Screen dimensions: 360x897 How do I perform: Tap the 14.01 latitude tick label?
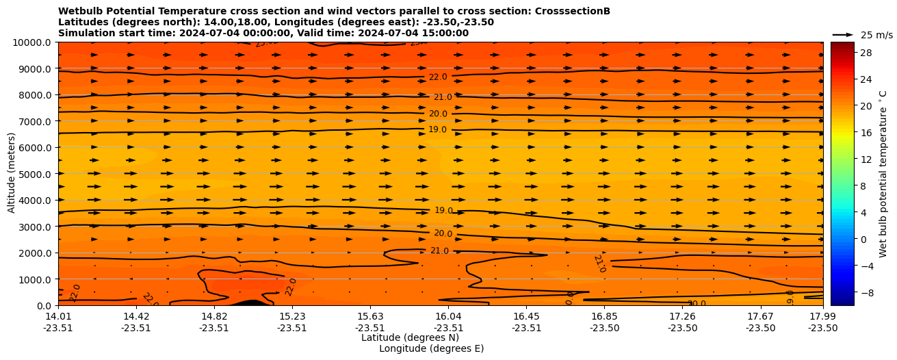click(58, 316)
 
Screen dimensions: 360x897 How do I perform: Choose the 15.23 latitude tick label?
click(292, 316)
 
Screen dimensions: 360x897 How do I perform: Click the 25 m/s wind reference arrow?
click(843, 35)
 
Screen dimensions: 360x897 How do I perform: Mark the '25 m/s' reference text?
click(876, 35)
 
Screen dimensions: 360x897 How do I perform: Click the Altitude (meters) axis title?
click(12, 174)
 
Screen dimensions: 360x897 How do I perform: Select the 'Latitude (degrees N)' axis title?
click(410, 337)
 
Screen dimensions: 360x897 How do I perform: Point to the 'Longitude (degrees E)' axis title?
click(431, 348)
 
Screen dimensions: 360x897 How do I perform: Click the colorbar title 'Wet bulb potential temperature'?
click(883, 174)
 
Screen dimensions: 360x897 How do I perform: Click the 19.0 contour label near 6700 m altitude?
click(437, 129)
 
